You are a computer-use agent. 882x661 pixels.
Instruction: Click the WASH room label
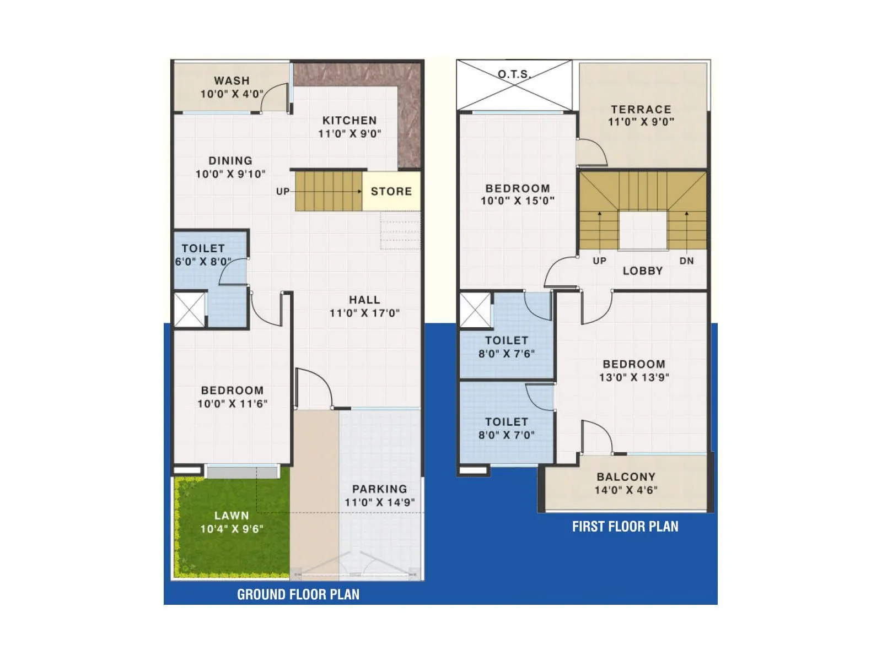[x=232, y=81]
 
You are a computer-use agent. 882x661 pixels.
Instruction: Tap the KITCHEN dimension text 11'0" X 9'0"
[x=349, y=134]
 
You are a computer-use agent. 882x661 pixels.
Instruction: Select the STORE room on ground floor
[x=391, y=191]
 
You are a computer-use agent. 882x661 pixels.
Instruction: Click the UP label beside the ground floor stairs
[x=283, y=192]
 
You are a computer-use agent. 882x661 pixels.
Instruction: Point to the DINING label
[x=230, y=161]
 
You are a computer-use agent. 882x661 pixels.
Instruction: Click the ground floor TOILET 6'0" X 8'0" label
[x=203, y=255]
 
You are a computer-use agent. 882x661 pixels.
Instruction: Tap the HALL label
[x=364, y=300]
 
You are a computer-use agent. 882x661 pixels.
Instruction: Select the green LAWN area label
[x=232, y=516]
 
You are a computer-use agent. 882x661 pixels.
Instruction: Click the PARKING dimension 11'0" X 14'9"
[x=379, y=502]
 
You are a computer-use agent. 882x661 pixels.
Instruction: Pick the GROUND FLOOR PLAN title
[x=298, y=594]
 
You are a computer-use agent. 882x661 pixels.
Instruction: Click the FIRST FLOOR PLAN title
[x=625, y=527]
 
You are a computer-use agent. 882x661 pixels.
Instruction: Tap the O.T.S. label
[x=514, y=74]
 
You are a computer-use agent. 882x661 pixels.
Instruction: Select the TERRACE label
[x=641, y=110]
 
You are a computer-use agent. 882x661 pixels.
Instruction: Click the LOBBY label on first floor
[x=642, y=271]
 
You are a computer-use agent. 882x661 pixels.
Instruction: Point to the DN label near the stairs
[x=686, y=261]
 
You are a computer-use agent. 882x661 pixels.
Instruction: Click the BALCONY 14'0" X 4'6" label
[x=626, y=484]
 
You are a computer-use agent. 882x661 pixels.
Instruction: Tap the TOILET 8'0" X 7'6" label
[x=506, y=347]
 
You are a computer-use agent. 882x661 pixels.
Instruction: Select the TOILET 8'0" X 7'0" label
[x=506, y=429]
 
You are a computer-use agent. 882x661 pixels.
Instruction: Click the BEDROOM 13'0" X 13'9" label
[x=634, y=371]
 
